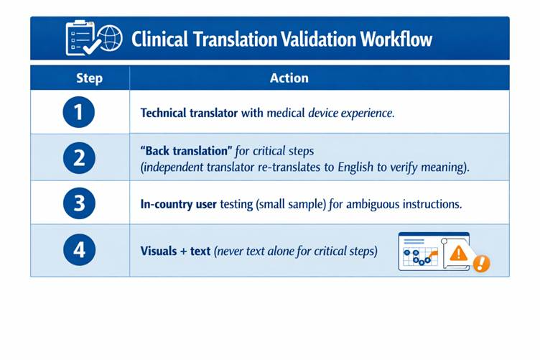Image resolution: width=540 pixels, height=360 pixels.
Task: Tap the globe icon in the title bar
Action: pos(110,38)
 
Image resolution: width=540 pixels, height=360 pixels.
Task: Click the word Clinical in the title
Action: pos(159,39)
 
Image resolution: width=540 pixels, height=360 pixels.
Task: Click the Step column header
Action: pos(89,78)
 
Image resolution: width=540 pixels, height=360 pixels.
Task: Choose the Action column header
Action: pos(289,78)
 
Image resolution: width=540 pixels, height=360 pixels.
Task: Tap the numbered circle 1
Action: pos(79,112)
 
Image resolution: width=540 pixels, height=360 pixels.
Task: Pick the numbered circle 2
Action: pos(79,158)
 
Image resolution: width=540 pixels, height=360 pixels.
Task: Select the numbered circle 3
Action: pos(79,203)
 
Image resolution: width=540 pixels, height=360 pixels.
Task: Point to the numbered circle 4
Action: pos(79,250)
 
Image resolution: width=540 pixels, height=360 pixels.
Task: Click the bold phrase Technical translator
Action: pos(189,113)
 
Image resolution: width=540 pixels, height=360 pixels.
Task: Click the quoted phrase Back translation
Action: pos(186,151)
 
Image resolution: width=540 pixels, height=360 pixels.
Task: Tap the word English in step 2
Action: pos(355,167)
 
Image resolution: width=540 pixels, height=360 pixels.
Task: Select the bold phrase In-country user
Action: pos(178,204)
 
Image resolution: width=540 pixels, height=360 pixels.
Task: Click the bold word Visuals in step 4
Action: pos(159,251)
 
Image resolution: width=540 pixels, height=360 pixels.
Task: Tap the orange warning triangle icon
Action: pos(458,254)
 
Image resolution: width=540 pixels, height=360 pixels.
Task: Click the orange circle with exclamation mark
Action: pos(481,264)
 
